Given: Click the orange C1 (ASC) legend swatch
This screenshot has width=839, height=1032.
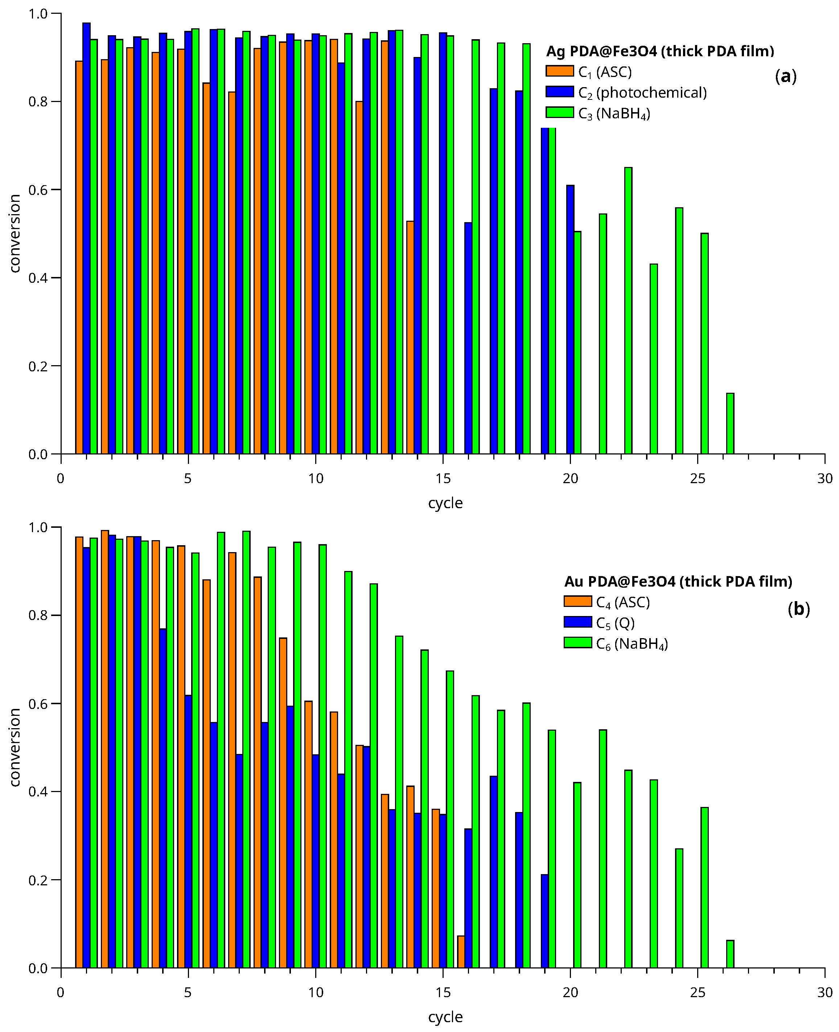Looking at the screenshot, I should (x=559, y=71).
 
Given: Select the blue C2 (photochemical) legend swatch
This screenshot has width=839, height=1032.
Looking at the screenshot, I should (x=559, y=92).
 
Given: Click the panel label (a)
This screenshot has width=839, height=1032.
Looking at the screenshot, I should (x=785, y=76).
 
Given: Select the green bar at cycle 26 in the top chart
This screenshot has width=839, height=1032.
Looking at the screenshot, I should (x=730, y=423).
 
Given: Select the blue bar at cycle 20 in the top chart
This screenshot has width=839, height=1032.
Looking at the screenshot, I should (x=570, y=319).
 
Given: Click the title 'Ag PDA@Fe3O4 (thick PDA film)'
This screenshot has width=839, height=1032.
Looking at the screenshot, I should (x=660, y=51).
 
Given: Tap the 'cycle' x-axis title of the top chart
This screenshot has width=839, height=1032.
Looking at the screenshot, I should (x=445, y=503).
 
